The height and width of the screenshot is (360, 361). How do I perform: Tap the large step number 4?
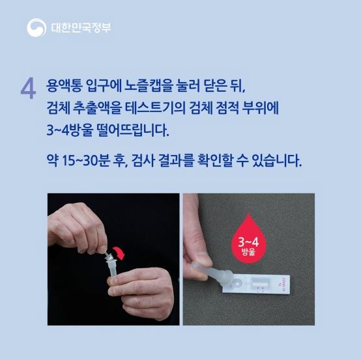pos(28,90)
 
